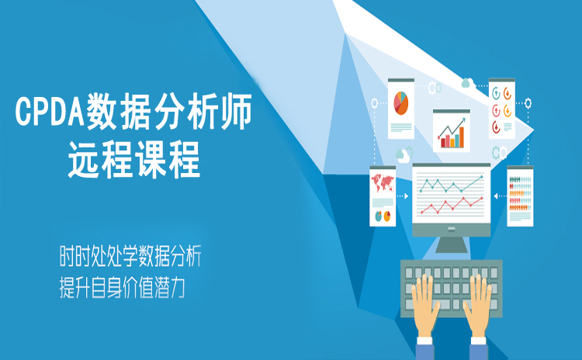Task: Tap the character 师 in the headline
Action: tap(236, 112)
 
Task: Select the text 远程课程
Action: tap(134, 160)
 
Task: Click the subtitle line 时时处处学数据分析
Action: tap(130, 256)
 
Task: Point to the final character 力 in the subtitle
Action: tap(177, 288)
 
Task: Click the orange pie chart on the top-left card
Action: tap(401, 103)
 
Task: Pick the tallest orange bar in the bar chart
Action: tap(462, 137)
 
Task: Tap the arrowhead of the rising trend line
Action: tap(463, 120)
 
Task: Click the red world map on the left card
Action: tap(383, 182)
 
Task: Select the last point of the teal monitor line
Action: tap(482, 177)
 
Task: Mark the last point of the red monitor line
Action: tap(482, 199)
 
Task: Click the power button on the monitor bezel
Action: tap(451, 229)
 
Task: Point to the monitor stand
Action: tap(452, 244)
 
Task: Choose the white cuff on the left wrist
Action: tap(424, 341)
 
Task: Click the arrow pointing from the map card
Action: tap(403, 196)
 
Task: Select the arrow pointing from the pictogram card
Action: tap(500, 196)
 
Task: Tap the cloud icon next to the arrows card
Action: tap(467, 83)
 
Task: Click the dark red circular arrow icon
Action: tap(497, 127)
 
